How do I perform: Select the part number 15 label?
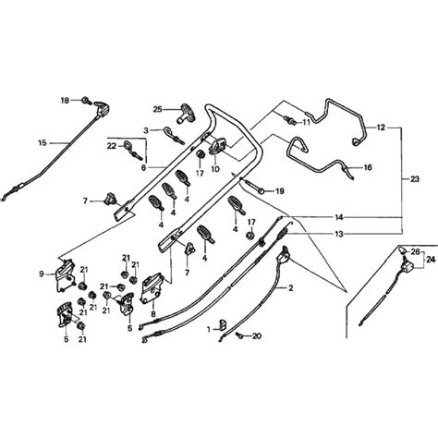coord(41,142)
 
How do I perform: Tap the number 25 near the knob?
coord(157,108)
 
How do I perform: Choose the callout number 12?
coord(382,126)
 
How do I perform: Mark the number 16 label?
coord(368,168)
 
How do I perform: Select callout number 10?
coord(214,170)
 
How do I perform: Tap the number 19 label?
coord(280,190)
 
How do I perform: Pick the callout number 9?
coord(42,274)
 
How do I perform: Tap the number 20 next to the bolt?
coord(256,335)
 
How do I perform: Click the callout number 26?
coord(415,250)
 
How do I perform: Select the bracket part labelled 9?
coord(65,273)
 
